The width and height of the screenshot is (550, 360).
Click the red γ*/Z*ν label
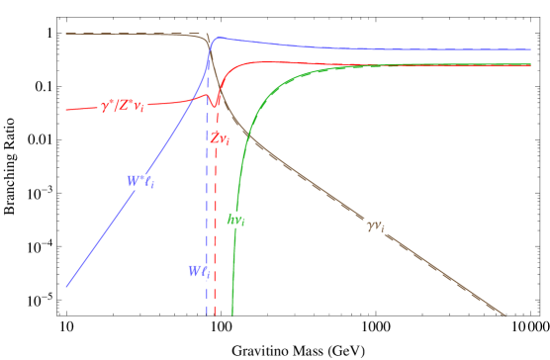pos(123,106)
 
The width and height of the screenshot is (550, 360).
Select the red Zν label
pos(220,139)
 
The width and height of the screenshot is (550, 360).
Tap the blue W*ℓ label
pos(139,182)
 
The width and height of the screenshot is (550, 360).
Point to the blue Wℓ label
pos(199,272)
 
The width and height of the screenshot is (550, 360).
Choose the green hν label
pos(235,220)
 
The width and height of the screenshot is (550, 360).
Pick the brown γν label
pos(376,226)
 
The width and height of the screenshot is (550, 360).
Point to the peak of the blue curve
pos(218,38)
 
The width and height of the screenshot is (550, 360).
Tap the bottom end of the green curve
pos(232,314)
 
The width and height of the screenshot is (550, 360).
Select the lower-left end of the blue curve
pos(66,287)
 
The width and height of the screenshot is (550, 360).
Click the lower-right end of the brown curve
pos(504,315)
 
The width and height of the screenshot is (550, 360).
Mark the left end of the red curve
pos(66,109)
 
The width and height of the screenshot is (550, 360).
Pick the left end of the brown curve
pos(66,34)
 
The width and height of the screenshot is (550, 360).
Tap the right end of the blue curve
pos(530,49)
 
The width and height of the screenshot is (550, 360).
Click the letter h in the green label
pos(231,220)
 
